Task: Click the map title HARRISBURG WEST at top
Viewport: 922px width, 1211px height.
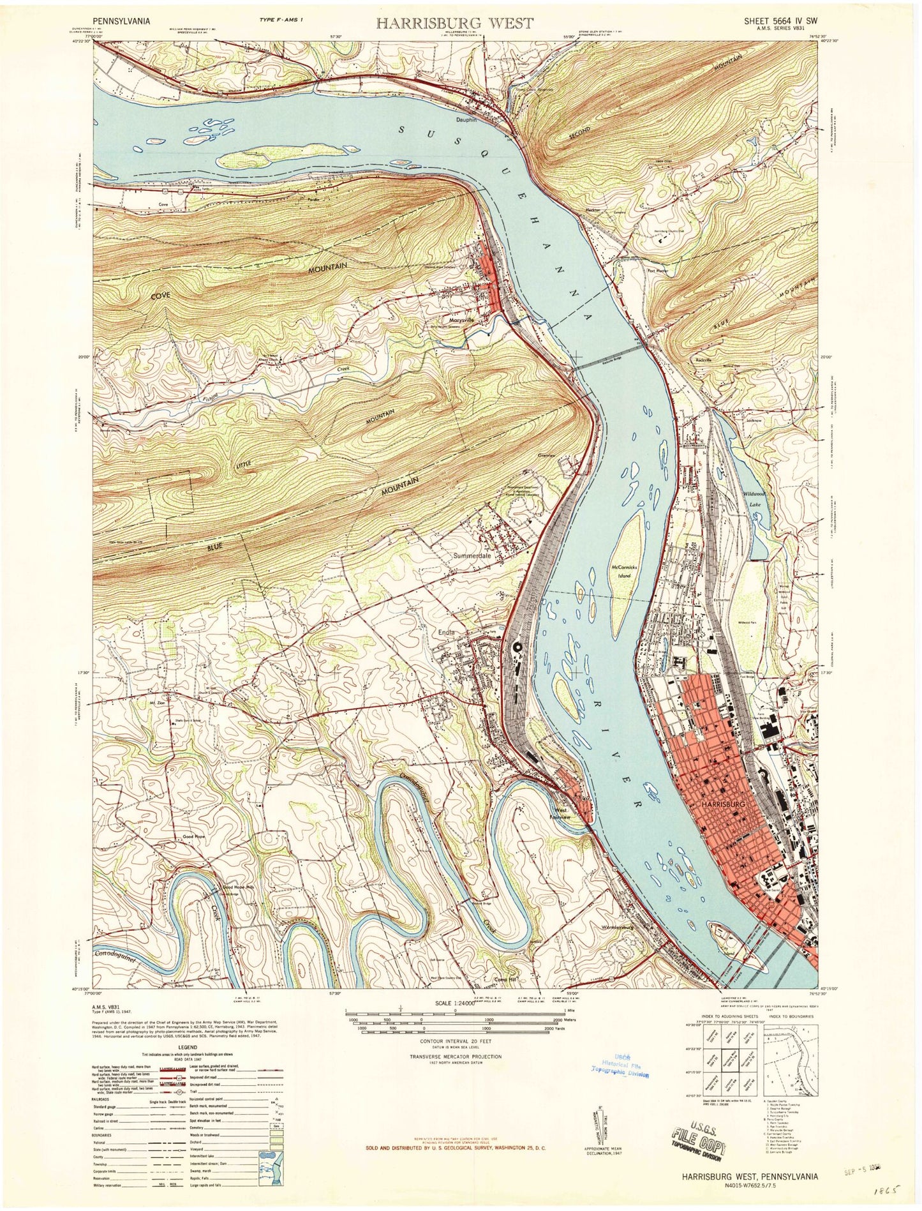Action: click(x=454, y=24)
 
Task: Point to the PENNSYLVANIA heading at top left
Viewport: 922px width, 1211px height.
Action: click(x=121, y=20)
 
